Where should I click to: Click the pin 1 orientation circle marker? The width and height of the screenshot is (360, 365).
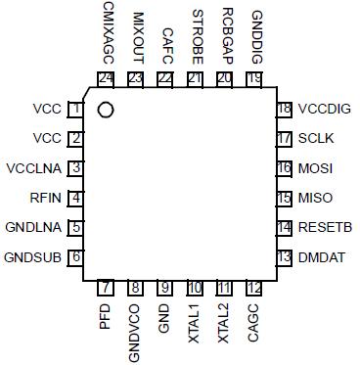point(106,110)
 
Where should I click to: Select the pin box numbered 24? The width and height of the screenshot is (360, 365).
point(106,77)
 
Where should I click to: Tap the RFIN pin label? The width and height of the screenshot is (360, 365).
point(45,198)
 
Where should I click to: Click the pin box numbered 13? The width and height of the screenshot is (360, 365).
point(285,257)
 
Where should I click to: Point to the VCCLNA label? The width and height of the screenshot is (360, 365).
point(35,168)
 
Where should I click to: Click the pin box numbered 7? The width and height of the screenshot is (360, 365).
point(106,289)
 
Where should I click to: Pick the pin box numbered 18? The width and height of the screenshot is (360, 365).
point(285,110)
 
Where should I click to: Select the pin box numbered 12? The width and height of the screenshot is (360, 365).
point(254,289)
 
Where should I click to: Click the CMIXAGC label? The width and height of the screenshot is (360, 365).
point(106,33)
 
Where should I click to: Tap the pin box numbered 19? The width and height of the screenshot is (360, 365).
point(254,77)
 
